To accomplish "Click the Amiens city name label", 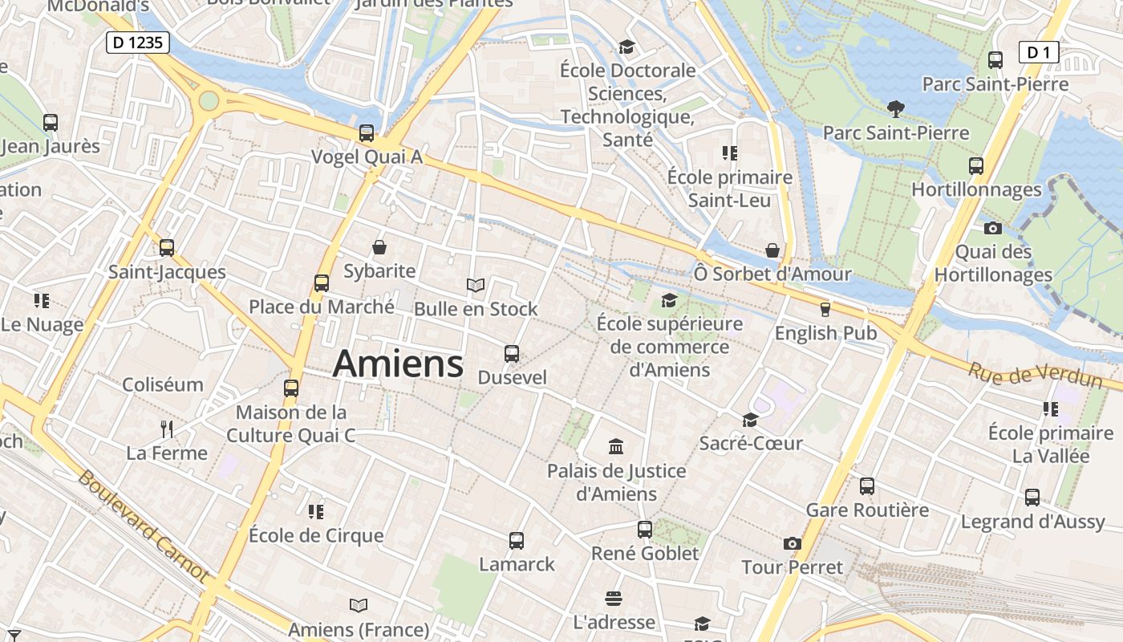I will [x=398, y=364].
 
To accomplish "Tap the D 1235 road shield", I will [x=138, y=43].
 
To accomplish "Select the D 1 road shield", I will [x=1038, y=53].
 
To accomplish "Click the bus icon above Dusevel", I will [x=511, y=353].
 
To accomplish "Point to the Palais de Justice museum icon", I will [x=616, y=446].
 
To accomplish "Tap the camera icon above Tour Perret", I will [x=793, y=543].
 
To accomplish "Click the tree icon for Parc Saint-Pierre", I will [x=896, y=108].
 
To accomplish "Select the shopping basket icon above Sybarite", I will [x=379, y=247].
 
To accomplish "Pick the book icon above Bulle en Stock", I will [x=476, y=285].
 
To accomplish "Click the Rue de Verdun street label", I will [x=1034, y=376].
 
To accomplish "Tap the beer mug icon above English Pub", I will [x=825, y=309].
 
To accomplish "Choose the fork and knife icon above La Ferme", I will [x=167, y=429].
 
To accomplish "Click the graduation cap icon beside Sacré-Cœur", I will [x=750, y=420].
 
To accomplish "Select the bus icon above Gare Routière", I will [x=867, y=486].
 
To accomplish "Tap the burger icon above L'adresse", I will [x=614, y=599].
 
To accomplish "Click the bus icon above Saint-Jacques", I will [x=167, y=247].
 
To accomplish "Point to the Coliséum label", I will [x=163, y=384].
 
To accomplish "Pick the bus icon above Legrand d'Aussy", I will [x=1032, y=498].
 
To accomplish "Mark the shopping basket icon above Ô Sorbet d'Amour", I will [x=772, y=250].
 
